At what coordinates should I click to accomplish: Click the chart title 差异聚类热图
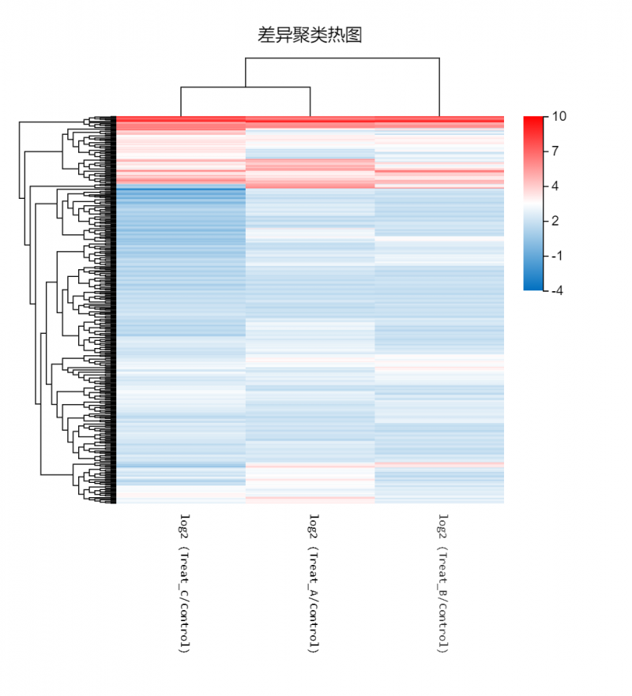(x=310, y=35)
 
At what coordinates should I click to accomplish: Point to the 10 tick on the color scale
(x=559, y=117)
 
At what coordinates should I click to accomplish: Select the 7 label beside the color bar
(x=556, y=151)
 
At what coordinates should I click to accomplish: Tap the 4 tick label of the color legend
(x=556, y=186)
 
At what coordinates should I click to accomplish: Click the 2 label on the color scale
(x=556, y=221)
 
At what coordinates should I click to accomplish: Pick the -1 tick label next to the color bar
(x=558, y=256)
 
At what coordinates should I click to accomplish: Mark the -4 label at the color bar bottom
(x=558, y=290)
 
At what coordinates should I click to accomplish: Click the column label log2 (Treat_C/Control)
(x=184, y=584)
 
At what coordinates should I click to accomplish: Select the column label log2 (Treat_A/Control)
(x=314, y=584)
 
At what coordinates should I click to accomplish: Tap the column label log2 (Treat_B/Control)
(x=442, y=584)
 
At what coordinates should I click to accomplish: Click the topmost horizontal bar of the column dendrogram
(x=342, y=58)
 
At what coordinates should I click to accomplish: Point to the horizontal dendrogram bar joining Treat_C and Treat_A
(x=246, y=88)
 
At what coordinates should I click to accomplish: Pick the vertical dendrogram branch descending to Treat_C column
(x=181, y=102)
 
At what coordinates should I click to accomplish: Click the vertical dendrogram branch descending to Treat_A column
(x=310, y=102)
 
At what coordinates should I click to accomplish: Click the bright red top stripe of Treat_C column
(x=181, y=119)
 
